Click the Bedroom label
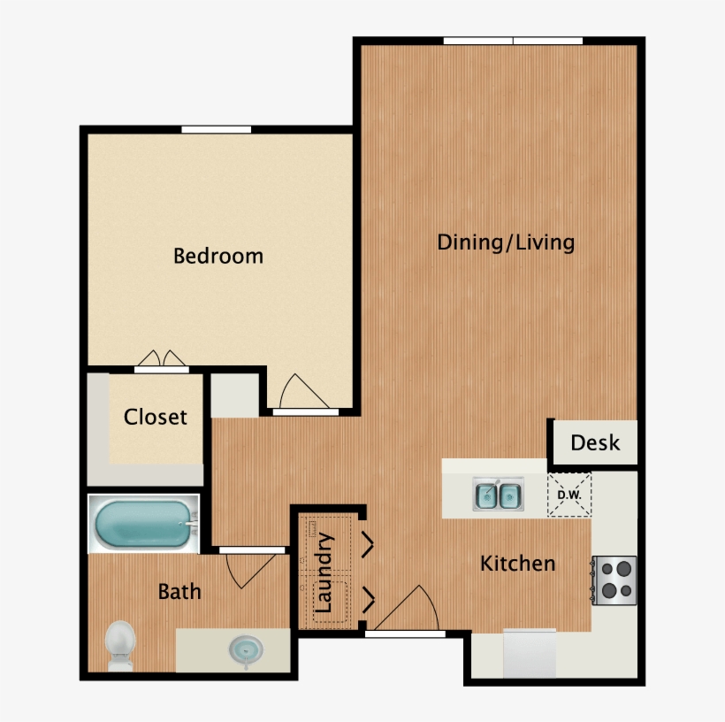(218, 256)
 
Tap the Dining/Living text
(506, 243)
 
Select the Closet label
(156, 417)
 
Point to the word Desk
(595, 443)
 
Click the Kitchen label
(517, 564)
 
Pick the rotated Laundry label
(324, 572)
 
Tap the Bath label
(179, 592)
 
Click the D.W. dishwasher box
(569, 495)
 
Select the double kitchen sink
(498, 495)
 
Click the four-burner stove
(614, 580)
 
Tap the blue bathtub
(143, 524)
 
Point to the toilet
(120, 645)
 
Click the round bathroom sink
(246, 650)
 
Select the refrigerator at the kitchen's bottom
(530, 653)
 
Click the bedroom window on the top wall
(216, 129)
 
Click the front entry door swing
(406, 608)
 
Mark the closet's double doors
(162, 358)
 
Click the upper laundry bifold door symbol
(368, 544)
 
